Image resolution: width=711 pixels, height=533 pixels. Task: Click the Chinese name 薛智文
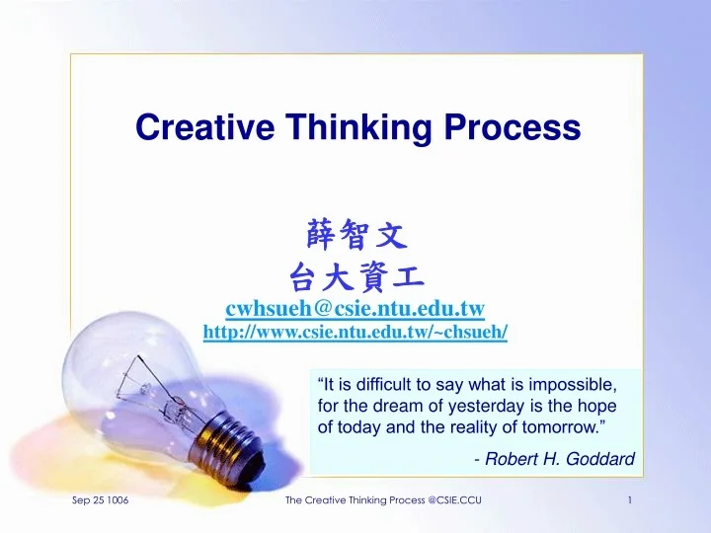(356, 235)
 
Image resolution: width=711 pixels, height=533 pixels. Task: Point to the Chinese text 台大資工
(356, 274)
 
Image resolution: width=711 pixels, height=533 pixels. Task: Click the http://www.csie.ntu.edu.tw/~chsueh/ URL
(355, 333)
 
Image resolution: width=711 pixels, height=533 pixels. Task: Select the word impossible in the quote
(579, 384)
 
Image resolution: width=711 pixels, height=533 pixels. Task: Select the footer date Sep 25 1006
(101, 502)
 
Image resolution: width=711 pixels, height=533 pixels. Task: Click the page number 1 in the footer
(630, 502)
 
